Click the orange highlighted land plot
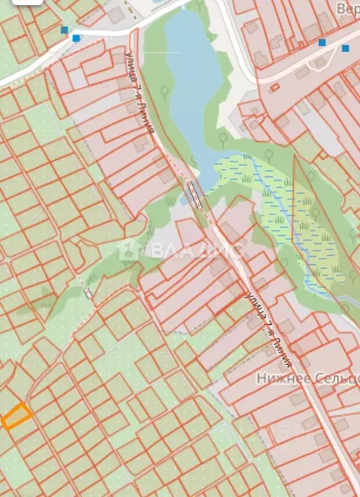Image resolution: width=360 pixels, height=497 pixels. pyautogui.click(x=16, y=415)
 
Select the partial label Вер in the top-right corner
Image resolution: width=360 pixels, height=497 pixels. pyautogui.click(x=347, y=9)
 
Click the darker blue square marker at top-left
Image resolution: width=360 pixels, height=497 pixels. pyautogui.click(x=64, y=30)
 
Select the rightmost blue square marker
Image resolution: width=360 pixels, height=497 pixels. pyautogui.click(x=345, y=48)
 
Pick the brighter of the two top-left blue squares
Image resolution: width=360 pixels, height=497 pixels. pyautogui.click(x=77, y=38)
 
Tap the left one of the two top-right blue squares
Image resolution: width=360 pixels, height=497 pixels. pyautogui.click(x=322, y=43)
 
